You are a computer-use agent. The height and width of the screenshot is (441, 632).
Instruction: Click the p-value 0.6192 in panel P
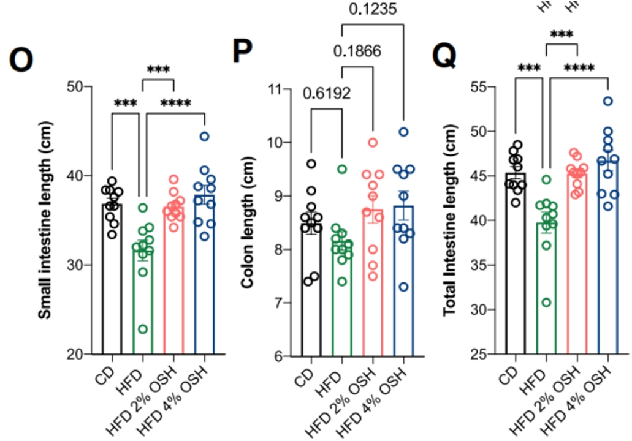pos(326,93)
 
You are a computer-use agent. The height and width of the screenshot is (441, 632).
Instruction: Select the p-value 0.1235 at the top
pos(371,9)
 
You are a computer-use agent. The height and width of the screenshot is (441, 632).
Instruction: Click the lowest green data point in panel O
pos(143,329)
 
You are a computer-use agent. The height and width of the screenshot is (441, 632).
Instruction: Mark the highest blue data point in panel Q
pos(608,101)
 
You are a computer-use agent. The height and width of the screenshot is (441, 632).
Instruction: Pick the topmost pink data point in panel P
pos(372,143)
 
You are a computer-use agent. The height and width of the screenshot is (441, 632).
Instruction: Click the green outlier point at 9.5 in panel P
pos(342,169)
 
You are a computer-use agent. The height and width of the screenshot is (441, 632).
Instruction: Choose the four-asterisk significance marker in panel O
pos(175,103)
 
